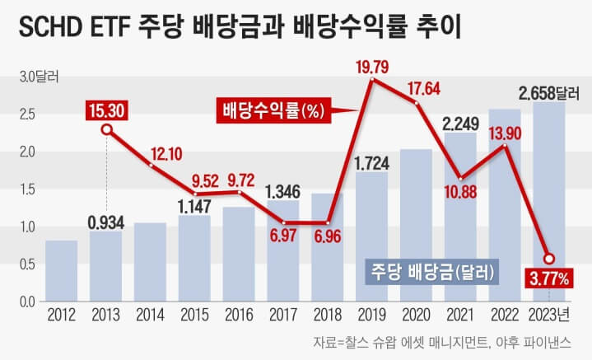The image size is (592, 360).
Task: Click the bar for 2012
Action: (x=61, y=271)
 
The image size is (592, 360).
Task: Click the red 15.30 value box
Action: (x=105, y=109)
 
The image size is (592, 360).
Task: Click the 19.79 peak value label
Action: (x=372, y=63)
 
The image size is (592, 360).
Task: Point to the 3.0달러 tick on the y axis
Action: (x=35, y=77)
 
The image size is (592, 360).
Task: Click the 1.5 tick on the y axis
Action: (x=27, y=189)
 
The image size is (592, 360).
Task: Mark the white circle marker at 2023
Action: (x=549, y=258)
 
